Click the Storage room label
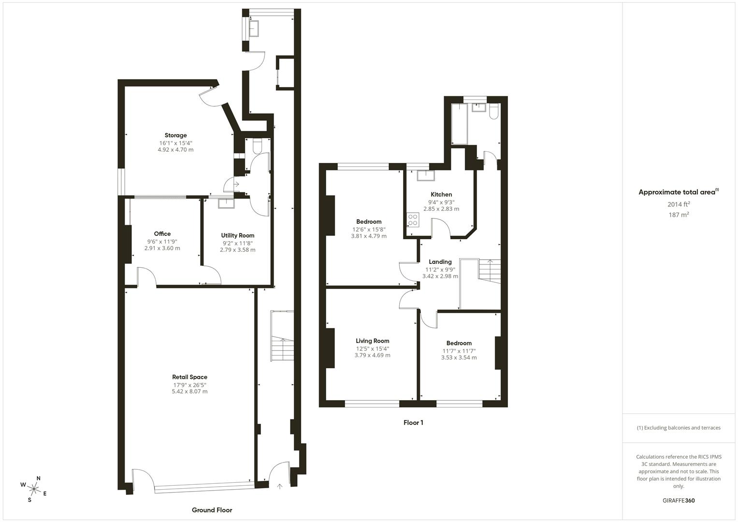175,135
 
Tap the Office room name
162,233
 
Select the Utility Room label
238,236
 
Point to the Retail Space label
189,377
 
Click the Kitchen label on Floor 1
441,194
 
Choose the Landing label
440,262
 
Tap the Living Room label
372,341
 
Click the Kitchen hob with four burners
413,220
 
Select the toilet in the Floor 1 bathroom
494,111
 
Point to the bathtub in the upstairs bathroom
459,124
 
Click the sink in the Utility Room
226,203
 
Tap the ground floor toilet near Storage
257,145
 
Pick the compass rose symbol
34,489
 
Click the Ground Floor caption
212,510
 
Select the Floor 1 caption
413,422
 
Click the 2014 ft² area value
679,204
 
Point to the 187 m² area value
679,215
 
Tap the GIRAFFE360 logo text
679,500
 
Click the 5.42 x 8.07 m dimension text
189,391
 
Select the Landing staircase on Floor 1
489,271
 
